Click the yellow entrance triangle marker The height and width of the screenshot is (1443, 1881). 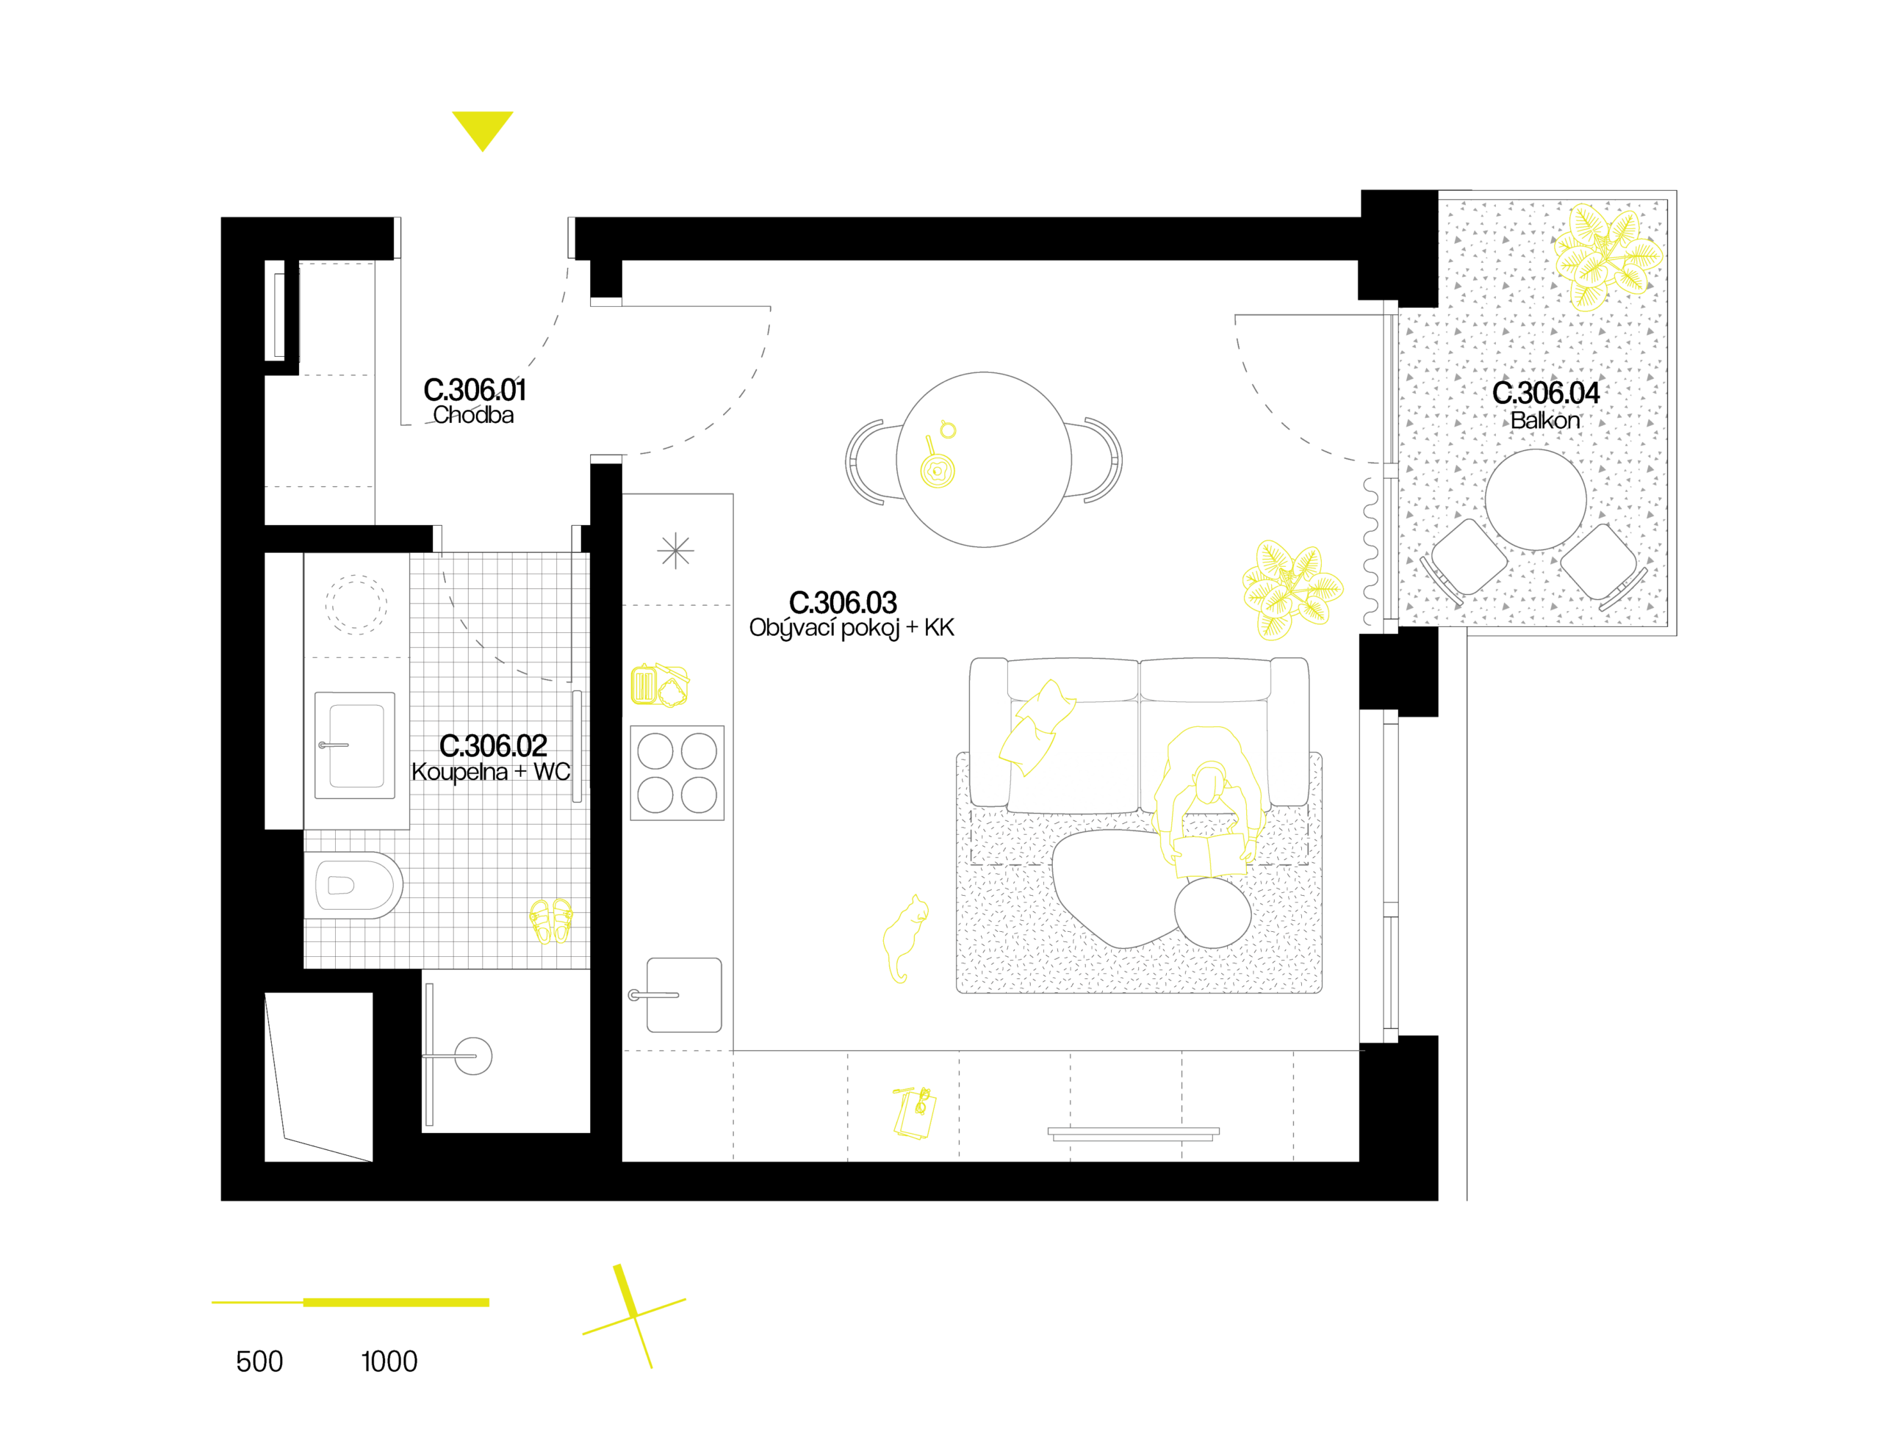(482, 127)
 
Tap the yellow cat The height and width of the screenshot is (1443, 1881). (904, 936)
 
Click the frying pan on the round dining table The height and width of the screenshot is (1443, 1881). (937, 469)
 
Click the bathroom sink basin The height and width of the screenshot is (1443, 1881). (356, 745)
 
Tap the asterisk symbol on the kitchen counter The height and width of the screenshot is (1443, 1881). (675, 551)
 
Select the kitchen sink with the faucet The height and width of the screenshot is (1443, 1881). (683, 994)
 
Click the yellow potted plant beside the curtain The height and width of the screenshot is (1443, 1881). (1292, 588)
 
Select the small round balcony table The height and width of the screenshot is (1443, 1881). (1535, 499)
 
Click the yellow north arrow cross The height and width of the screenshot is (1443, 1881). (634, 1315)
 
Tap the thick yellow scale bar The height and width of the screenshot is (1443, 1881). (396, 1302)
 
